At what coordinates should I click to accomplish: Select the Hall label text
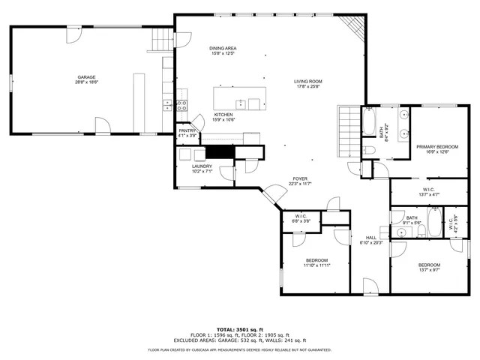(370, 239)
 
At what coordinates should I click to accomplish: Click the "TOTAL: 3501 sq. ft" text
(239, 329)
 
